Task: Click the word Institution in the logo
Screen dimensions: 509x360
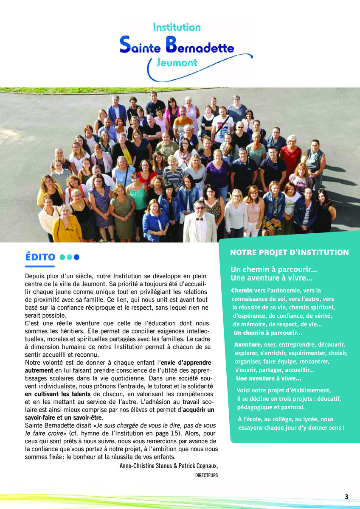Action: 176,28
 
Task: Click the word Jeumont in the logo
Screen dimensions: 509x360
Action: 177,63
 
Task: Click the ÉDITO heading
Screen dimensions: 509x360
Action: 40,257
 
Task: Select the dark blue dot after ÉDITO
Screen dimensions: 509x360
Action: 77,257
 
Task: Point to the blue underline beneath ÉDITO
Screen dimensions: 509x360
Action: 40,266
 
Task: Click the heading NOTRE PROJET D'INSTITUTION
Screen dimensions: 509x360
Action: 289,253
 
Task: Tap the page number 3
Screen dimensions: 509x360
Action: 346,497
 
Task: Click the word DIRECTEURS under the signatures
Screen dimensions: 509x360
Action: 206,475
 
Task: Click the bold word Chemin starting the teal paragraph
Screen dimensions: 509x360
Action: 242,291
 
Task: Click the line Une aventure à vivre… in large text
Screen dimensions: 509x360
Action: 272,279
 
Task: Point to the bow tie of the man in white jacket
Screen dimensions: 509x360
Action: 199,218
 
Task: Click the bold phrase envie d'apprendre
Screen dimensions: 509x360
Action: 186,363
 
